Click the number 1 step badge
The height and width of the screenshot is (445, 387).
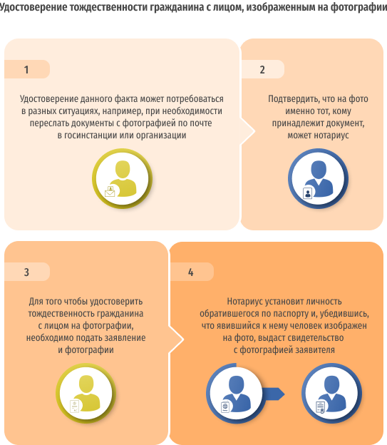point(27,69)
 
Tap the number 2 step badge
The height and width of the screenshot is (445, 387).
point(263,69)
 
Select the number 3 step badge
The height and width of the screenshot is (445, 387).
point(27,272)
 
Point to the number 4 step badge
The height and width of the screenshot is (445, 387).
point(192,272)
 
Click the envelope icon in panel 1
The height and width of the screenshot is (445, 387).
point(110,192)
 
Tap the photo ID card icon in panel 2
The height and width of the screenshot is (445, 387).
point(308,193)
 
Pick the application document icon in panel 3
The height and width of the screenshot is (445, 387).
point(75,406)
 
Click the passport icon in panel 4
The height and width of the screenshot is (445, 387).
point(225,407)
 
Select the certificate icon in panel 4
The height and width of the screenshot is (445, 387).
point(320,407)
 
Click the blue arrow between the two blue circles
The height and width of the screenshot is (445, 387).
point(273,394)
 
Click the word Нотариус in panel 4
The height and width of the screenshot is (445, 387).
point(245,301)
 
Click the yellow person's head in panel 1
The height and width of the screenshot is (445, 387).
point(123,170)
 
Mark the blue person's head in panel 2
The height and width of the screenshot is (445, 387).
point(319,170)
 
